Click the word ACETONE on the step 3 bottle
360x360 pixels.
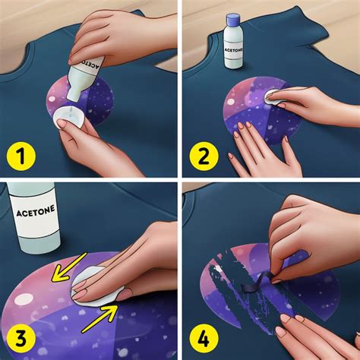(x=33, y=214)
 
